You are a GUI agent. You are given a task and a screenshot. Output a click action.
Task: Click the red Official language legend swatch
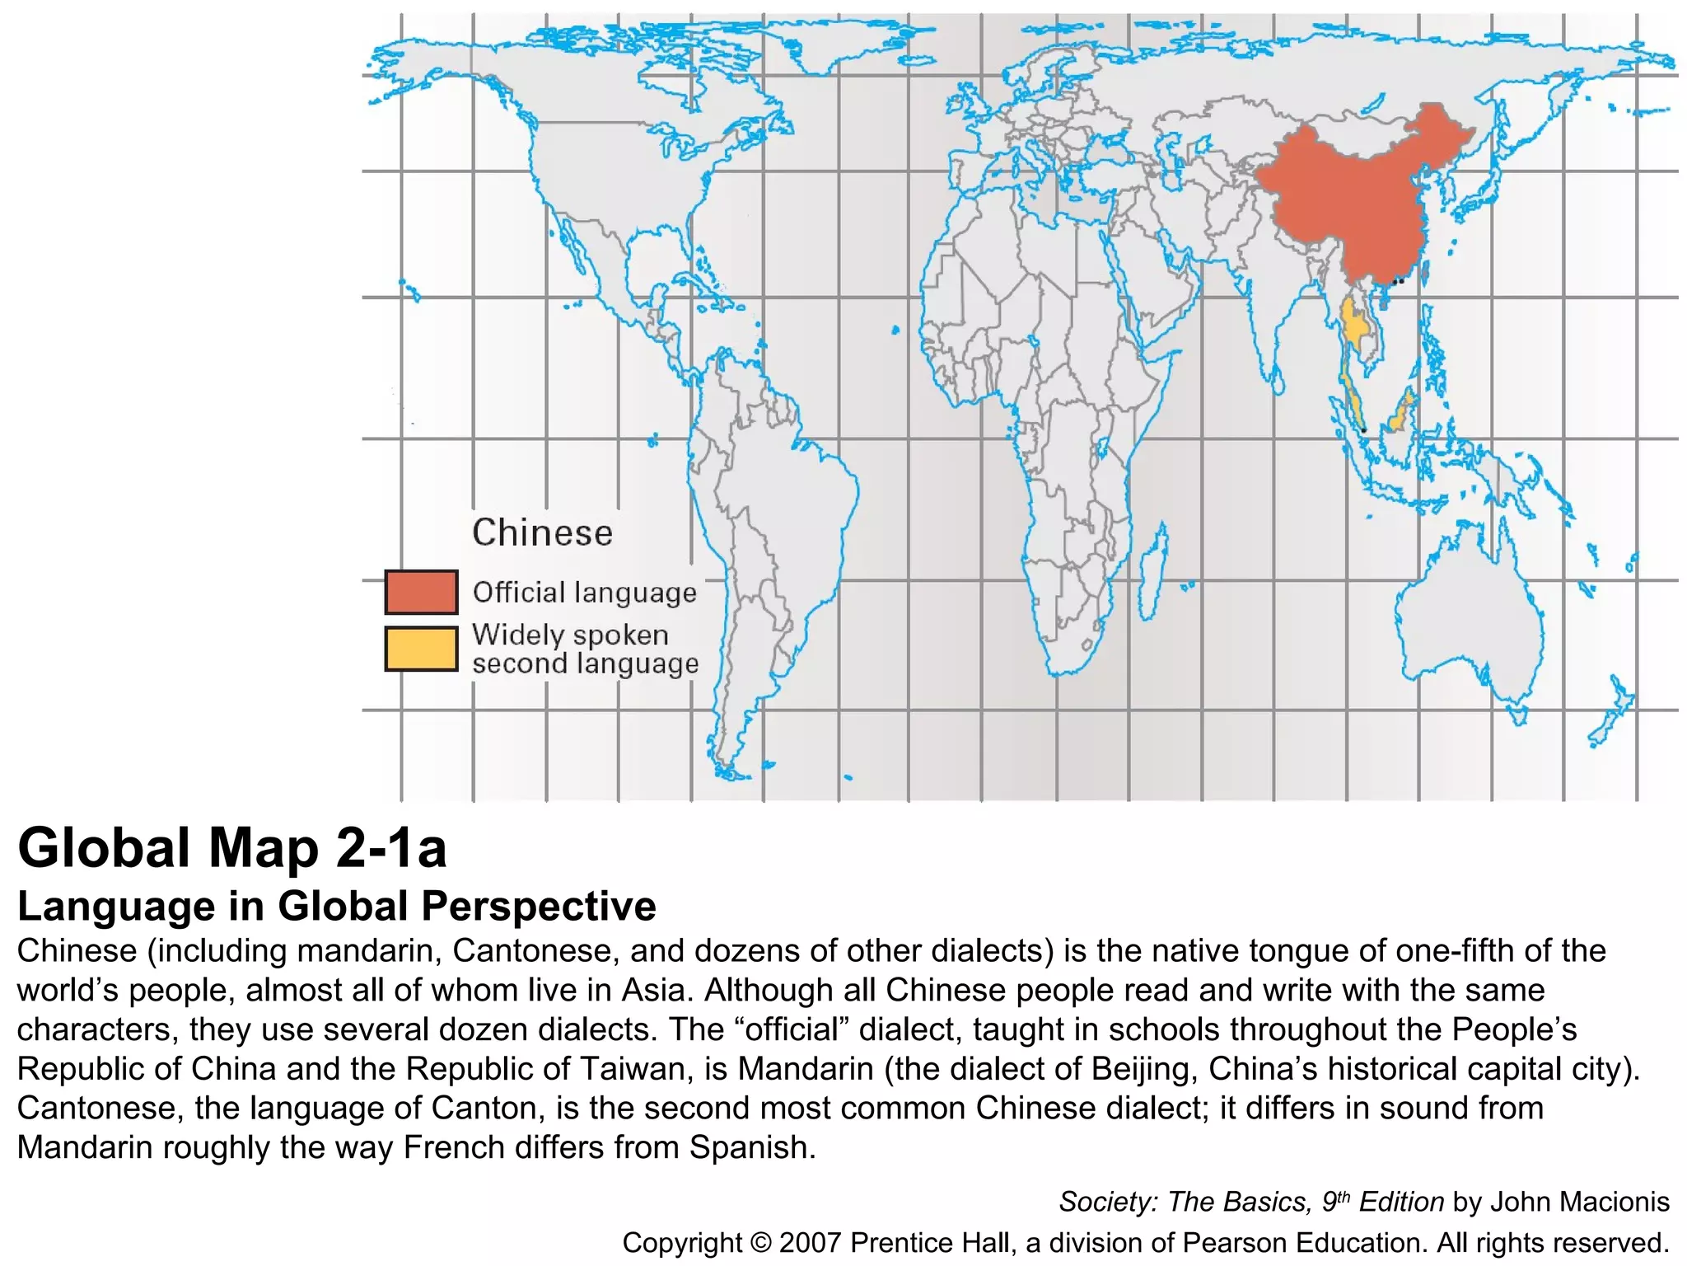point(421,592)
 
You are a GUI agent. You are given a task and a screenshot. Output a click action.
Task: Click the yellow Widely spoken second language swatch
point(421,649)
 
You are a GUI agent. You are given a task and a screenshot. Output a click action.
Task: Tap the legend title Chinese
point(542,532)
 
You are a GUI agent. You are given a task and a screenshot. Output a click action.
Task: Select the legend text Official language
point(584,592)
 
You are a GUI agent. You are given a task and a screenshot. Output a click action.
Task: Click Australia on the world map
point(1466,610)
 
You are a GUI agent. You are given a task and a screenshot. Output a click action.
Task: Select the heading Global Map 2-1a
point(232,848)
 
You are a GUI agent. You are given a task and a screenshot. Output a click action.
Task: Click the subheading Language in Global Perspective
point(336,906)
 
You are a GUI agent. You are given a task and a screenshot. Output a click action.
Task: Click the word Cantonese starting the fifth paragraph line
point(98,1109)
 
